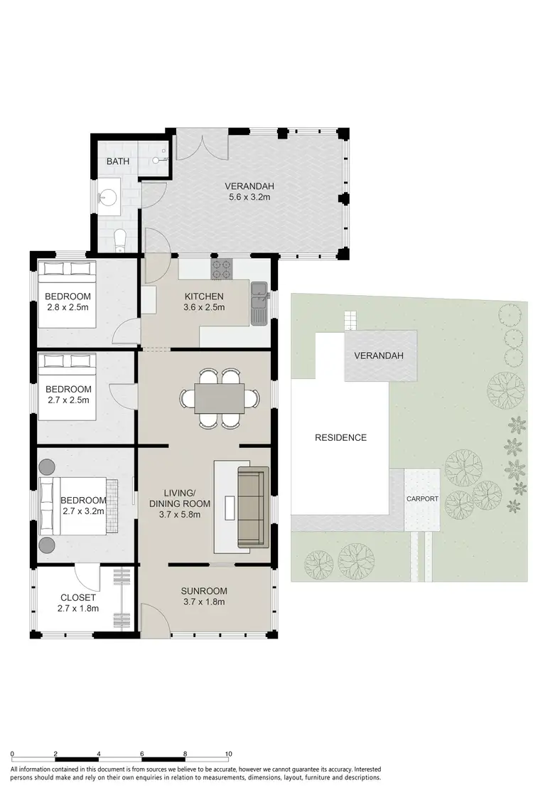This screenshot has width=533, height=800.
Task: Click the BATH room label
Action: (x=118, y=161)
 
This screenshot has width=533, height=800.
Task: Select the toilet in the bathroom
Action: (x=120, y=240)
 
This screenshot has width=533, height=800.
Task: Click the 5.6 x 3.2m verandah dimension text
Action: (x=245, y=198)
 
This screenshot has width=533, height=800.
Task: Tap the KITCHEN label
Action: (x=204, y=297)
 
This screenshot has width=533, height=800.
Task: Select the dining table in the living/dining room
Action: (x=220, y=399)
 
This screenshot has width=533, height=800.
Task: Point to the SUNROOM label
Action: (x=203, y=591)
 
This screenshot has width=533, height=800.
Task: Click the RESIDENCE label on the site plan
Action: (x=340, y=437)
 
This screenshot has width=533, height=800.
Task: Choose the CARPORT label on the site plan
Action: (x=422, y=499)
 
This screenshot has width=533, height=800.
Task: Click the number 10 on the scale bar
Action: (x=229, y=754)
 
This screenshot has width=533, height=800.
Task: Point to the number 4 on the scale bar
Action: (x=99, y=754)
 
